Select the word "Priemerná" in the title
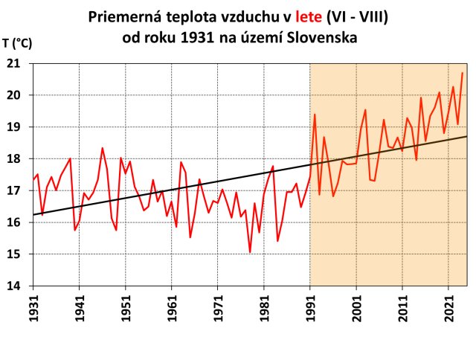click(127, 16)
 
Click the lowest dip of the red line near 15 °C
click(250, 252)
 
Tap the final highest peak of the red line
click(462, 73)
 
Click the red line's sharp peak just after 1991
click(315, 115)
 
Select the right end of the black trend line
click(466, 137)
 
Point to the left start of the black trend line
click(33, 215)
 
